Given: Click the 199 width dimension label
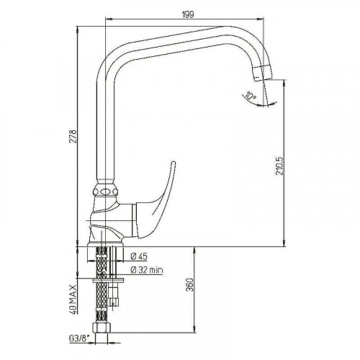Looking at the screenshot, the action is coord(188,14).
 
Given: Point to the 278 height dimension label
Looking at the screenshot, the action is coord(73,137).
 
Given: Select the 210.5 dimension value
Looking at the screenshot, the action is coord(280,166).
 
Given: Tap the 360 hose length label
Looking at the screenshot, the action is coord(189,285).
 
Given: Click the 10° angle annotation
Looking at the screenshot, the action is coord(251,96).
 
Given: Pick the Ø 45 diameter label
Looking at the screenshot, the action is coord(139,256).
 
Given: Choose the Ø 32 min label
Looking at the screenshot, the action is coord(147,270).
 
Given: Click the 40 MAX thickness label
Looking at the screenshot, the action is coord(73,300).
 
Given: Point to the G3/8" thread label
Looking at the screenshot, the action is coord(79,339).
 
